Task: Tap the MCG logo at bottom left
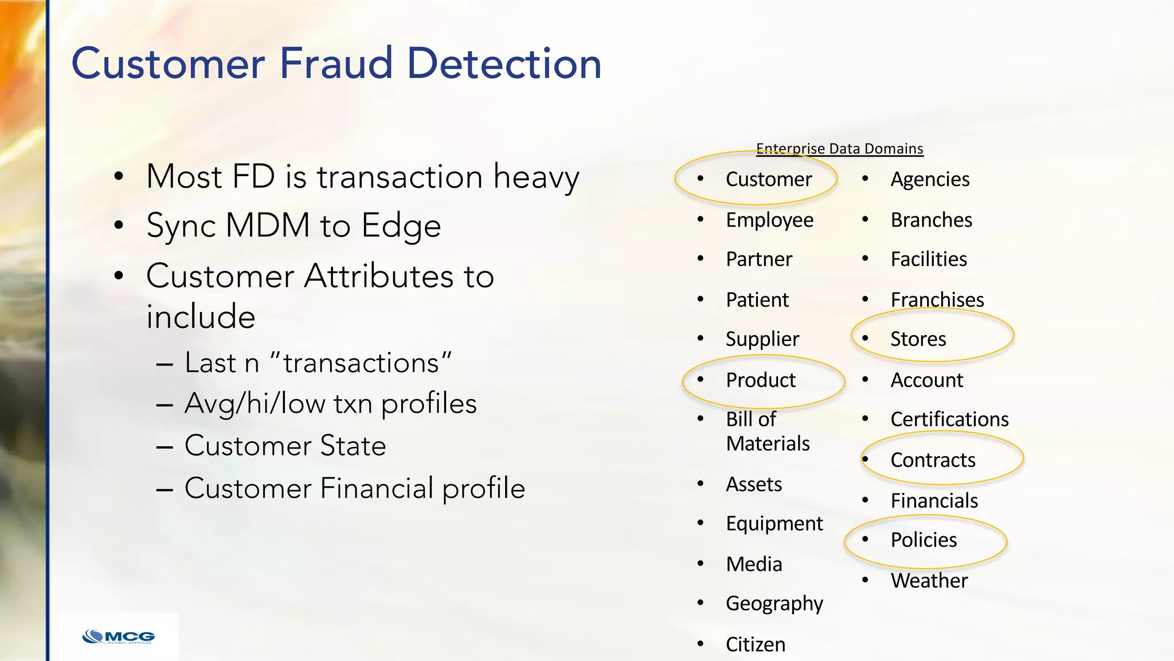click(x=119, y=637)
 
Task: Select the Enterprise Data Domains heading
click(x=839, y=149)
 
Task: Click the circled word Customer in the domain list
click(x=768, y=180)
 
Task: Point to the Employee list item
click(x=769, y=220)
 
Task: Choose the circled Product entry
click(x=761, y=380)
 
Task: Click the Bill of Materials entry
click(x=767, y=431)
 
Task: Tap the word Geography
click(x=774, y=604)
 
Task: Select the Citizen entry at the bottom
click(x=756, y=644)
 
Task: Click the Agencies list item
click(x=930, y=180)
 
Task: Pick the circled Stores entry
click(x=918, y=339)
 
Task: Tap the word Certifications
click(x=949, y=419)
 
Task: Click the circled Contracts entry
click(x=933, y=460)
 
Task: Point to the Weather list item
click(x=929, y=581)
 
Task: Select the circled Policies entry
click(x=923, y=540)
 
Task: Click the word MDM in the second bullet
click(x=268, y=225)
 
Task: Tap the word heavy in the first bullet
click(x=536, y=177)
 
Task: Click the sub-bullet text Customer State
click(x=285, y=446)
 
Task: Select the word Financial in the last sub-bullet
click(x=377, y=488)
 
